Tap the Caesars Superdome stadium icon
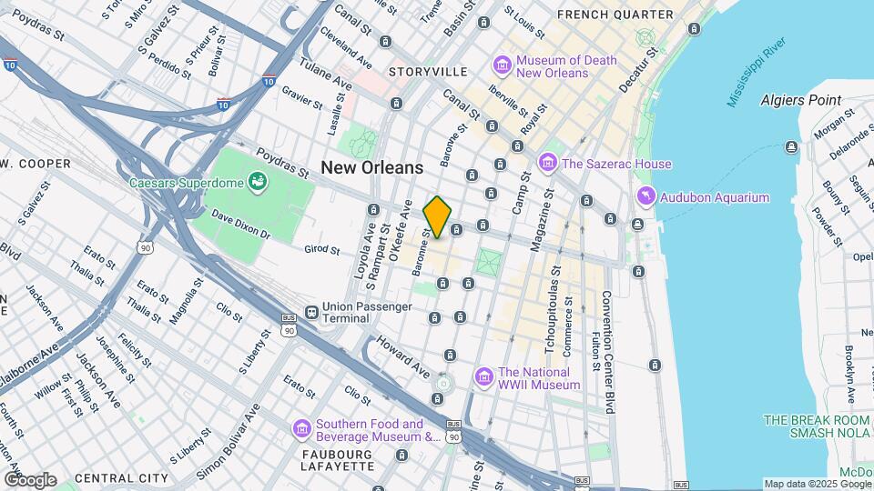coord(258,181)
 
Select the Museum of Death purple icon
coord(501,66)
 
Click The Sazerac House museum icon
coord(547,164)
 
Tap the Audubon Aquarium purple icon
coord(645,197)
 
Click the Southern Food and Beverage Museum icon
coord(301,429)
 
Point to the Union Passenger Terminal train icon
coord(312,312)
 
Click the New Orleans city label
coord(371,167)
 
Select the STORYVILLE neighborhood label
coord(427,71)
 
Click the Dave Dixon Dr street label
coord(241,227)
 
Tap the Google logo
coord(29,479)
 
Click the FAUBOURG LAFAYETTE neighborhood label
coord(338,459)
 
